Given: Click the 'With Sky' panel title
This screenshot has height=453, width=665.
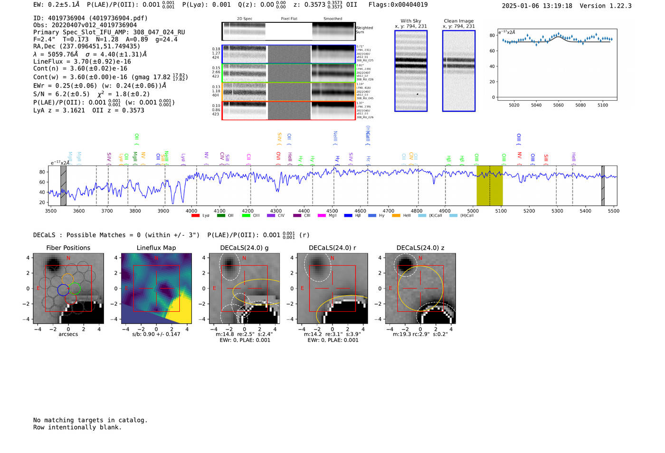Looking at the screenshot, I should click(411, 21).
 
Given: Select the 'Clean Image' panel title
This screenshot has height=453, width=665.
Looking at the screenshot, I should click(458, 21).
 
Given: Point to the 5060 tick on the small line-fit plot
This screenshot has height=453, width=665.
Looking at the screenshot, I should click(558, 105).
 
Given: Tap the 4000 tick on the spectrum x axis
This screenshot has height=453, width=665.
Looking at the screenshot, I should click(191, 211).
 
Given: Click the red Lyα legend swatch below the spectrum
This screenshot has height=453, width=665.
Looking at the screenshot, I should click(195, 216).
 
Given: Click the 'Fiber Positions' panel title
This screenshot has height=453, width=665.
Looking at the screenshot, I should click(68, 248).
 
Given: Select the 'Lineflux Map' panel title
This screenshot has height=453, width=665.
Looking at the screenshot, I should click(156, 248).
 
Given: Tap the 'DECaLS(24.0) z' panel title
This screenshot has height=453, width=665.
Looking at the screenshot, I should click(420, 248).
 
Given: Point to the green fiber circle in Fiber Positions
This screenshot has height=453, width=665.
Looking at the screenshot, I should click(75, 288).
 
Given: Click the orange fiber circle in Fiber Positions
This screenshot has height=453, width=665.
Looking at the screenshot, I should click(67, 280).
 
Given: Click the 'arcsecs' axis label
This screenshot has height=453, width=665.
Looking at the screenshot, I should click(68, 334).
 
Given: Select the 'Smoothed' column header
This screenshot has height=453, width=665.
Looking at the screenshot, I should click(332, 19).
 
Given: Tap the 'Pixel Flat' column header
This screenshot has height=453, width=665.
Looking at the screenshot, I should click(289, 19).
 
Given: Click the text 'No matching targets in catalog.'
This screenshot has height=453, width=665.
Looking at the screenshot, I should click(90, 420).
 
